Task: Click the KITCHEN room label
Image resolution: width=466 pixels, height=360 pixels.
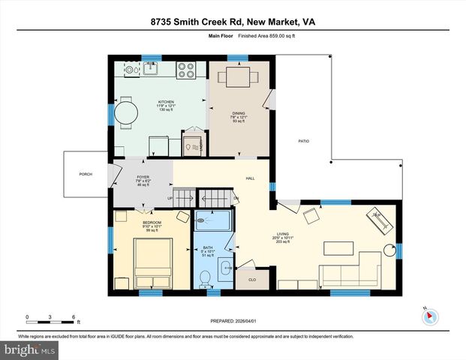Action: click(x=166, y=101)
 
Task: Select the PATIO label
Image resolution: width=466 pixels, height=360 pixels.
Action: click(x=303, y=141)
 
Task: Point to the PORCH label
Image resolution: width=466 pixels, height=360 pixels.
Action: click(x=86, y=174)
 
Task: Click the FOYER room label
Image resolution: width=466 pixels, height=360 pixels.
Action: click(x=143, y=177)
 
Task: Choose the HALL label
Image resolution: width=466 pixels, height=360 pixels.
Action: click(x=251, y=178)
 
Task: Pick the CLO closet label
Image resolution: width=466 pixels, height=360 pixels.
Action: click(x=251, y=280)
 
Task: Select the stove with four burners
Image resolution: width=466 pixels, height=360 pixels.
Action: click(x=186, y=70)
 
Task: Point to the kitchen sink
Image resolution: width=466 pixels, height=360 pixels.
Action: click(x=134, y=70)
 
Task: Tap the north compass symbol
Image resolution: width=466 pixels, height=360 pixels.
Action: click(x=429, y=316)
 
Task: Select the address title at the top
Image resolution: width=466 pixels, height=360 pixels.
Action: click(x=232, y=22)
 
